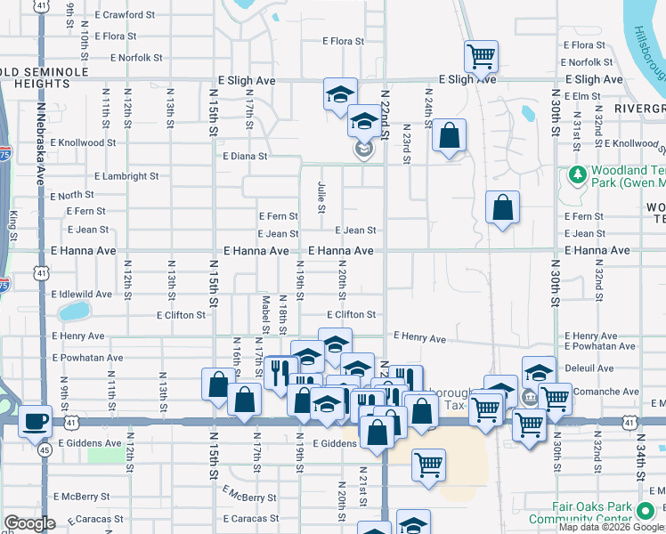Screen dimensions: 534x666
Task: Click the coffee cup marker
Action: click(36, 420)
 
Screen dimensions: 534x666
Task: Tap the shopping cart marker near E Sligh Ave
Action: click(481, 57)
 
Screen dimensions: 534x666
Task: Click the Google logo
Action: click(30, 523)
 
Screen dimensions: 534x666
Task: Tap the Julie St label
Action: click(321, 198)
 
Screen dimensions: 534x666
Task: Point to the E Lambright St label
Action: click(126, 176)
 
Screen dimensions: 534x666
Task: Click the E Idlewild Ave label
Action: click(82, 294)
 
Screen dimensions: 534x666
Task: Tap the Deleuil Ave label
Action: click(589, 368)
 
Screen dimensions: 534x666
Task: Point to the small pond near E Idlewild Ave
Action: click(74, 311)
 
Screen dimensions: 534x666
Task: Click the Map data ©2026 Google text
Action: click(611, 527)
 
